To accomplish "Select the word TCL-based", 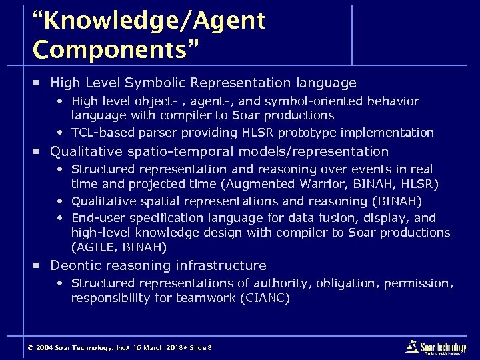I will pyautogui.click(x=100, y=132).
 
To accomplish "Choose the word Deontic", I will pyautogui.click(x=77, y=265).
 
